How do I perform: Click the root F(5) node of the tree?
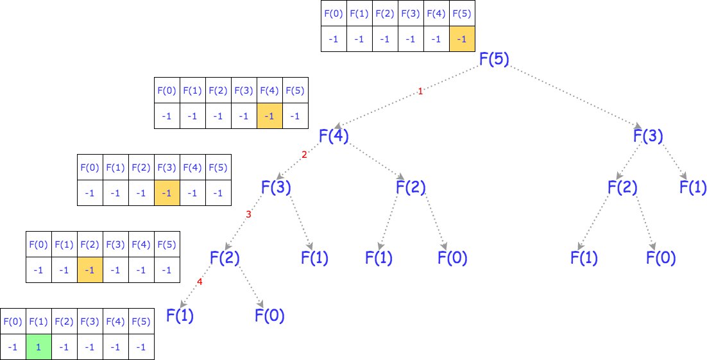point(494,60)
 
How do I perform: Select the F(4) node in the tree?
point(334,136)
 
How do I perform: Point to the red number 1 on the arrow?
point(420,92)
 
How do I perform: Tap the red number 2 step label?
point(304,155)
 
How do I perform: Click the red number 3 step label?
point(248,214)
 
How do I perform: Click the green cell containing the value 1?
point(38,347)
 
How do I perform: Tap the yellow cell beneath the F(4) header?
point(269,116)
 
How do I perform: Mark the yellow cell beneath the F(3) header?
point(167,193)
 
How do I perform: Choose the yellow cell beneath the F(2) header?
point(90,270)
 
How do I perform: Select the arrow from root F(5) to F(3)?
point(571,96)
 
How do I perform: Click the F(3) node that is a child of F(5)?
point(648,136)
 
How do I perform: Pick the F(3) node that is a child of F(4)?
point(276,188)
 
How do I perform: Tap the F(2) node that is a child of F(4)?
point(411,188)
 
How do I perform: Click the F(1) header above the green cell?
point(38,321)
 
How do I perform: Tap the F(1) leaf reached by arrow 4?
point(180,315)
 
